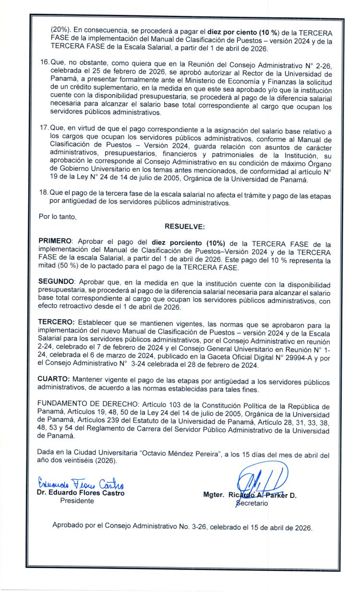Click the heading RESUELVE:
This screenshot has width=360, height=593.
184,226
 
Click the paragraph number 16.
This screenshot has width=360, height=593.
44,63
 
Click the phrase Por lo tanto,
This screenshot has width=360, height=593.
58,217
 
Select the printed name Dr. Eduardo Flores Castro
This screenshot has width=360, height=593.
81,493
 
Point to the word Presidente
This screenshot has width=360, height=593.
77,500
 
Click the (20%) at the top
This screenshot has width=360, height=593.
61,29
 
